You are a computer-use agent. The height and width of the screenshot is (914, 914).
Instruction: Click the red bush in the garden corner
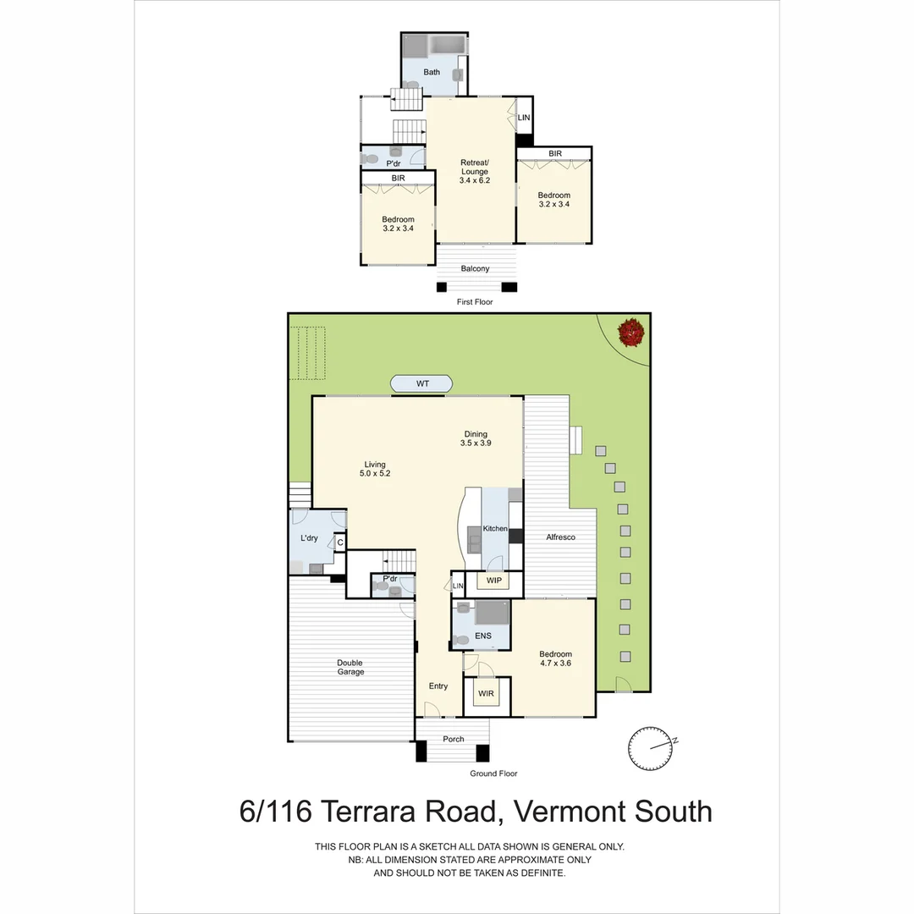pyautogui.click(x=630, y=332)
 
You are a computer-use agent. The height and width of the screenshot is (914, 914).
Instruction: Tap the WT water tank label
pyautogui.click(x=422, y=384)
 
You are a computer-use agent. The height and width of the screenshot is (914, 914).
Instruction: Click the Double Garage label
pyautogui.click(x=350, y=668)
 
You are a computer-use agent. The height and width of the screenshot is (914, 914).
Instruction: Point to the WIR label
pyautogui.click(x=486, y=694)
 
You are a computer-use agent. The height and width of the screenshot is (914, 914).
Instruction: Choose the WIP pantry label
pyautogui.click(x=493, y=581)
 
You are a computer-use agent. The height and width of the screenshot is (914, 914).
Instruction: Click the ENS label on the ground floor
pyautogui.click(x=483, y=636)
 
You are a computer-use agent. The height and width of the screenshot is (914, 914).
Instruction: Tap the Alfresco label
pyautogui.click(x=561, y=537)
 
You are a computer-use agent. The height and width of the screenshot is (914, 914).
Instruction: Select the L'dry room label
pyautogui.click(x=309, y=538)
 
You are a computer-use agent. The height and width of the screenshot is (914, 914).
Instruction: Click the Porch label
pyautogui.click(x=454, y=739)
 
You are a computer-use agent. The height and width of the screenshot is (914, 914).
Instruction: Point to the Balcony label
pyautogui.click(x=475, y=269)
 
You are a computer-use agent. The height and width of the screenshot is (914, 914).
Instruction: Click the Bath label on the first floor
pyautogui.click(x=432, y=72)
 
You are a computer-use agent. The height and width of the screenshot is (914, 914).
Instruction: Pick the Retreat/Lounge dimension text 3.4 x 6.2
pyautogui.click(x=475, y=180)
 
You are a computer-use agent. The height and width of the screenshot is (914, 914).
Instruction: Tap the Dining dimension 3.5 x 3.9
pyautogui.click(x=476, y=443)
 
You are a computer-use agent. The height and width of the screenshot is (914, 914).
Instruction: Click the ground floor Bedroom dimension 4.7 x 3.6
pyautogui.click(x=556, y=663)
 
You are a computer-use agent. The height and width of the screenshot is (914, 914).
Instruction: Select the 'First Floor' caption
pyautogui.click(x=474, y=301)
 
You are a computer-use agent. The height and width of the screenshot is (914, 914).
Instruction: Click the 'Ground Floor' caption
pyautogui.click(x=493, y=774)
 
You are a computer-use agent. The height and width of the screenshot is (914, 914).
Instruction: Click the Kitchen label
pyautogui.click(x=495, y=529)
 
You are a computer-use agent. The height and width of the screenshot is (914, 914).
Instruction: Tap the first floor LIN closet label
pyautogui.click(x=524, y=118)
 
